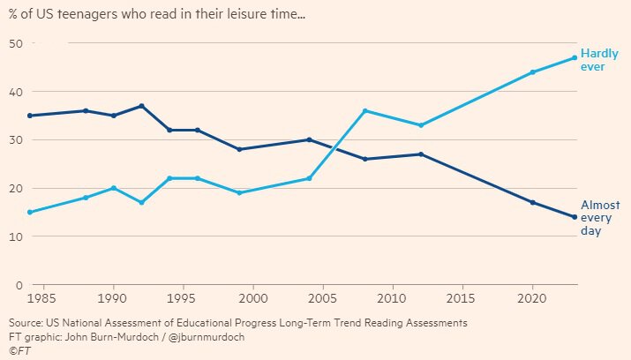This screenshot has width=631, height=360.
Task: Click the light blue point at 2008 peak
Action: [x=364, y=110]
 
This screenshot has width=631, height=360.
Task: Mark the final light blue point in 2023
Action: [x=574, y=57]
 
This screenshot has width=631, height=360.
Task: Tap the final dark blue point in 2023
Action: [x=574, y=217]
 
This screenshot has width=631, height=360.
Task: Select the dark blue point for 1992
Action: [x=142, y=106]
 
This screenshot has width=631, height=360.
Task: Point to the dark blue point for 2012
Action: [x=421, y=154]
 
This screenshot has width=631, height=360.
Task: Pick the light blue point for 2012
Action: [x=421, y=125]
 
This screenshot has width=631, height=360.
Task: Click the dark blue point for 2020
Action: [x=532, y=202]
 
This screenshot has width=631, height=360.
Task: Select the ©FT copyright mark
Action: [x=20, y=351]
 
